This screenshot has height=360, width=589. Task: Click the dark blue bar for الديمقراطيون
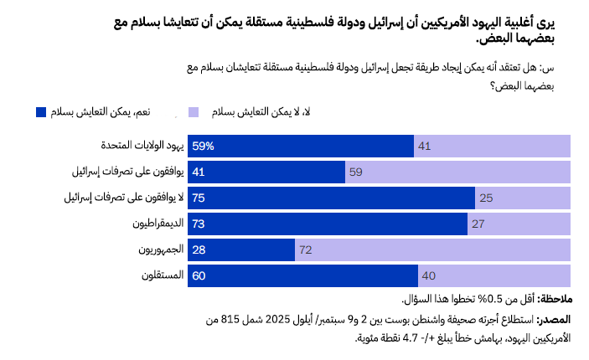coord(327,224)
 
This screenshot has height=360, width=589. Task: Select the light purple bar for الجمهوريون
coord(432,249)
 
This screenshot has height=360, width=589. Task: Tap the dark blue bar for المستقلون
coord(302,275)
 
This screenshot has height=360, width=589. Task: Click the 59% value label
coord(204,146)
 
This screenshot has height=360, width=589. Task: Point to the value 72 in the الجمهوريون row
coord(306,249)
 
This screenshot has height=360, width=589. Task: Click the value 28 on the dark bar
coord(199,249)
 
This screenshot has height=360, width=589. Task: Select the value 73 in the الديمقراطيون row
coord(199,224)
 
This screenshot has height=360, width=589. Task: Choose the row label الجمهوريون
coord(156,249)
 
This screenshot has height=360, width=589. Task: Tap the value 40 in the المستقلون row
coord(428,275)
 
